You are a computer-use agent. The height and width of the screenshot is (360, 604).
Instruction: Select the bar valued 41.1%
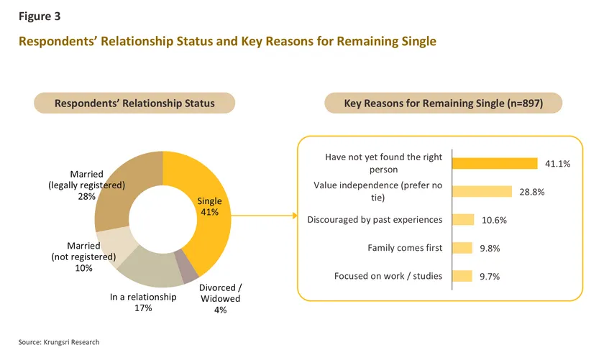click(x=495, y=163)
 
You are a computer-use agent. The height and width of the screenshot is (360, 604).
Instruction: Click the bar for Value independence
click(x=482, y=191)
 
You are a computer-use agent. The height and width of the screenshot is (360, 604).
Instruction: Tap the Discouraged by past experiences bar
click(x=462, y=220)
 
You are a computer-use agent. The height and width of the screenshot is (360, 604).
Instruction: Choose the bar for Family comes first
click(x=462, y=248)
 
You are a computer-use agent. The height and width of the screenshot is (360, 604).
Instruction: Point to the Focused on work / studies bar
click(x=462, y=276)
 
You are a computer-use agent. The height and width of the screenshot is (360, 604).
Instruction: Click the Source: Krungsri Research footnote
click(x=59, y=342)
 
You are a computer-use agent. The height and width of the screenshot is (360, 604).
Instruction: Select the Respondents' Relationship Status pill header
click(x=134, y=103)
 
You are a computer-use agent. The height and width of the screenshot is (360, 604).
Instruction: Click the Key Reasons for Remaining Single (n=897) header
click(x=444, y=103)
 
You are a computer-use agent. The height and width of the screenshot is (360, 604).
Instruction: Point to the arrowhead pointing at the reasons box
click(x=293, y=215)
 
